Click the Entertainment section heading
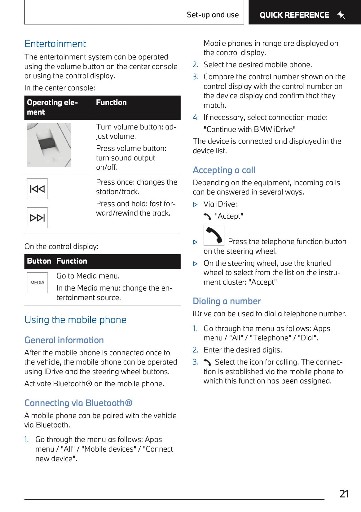coord(55,44)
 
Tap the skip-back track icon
coord(37,189)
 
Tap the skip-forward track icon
coord(37,218)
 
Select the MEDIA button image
coord(37,282)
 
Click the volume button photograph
coord(49,145)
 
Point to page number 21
coord(344,494)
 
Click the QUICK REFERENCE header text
coord(294,15)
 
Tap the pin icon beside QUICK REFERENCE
coord(341,15)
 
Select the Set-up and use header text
coord(213,15)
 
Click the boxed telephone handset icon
coord(214,235)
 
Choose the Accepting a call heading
coord(224,170)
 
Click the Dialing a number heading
coord(227,301)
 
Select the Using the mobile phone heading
coord(75,320)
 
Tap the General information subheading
coord(64,340)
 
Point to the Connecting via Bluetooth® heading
coord(78,403)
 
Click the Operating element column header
coord(52,107)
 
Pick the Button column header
coord(39,261)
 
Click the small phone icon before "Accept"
coord(207,216)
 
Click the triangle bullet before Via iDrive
coord(195,204)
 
